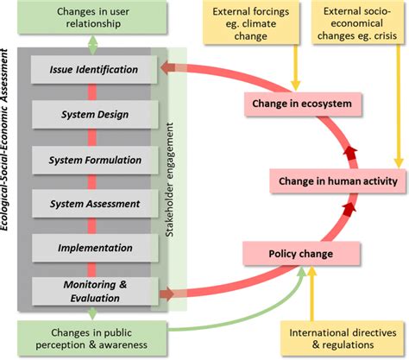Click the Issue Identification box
pyautogui.click(x=94, y=69)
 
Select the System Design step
pyautogui.click(x=94, y=114)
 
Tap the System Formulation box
pyautogui.click(x=94, y=159)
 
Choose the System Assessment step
pyautogui.click(x=94, y=204)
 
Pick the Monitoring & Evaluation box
pyautogui.click(x=94, y=290)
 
